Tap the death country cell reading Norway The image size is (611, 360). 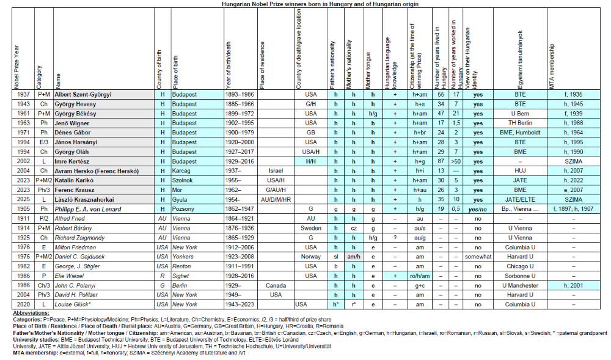tap(310, 257)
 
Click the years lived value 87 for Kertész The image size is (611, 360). tap(441, 161)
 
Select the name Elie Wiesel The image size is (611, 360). tap(70, 276)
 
